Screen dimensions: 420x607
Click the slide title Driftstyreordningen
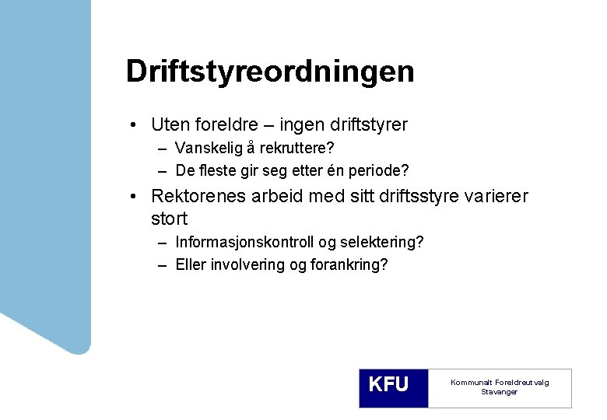pyautogui.click(x=270, y=72)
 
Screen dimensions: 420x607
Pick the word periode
pyautogui.click(x=377, y=170)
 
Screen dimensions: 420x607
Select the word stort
pyautogui.click(x=170, y=219)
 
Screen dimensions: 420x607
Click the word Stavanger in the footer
pyautogui.click(x=499, y=392)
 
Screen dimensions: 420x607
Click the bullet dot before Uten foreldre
pyautogui.click(x=135, y=125)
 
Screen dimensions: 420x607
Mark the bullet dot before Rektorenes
pyautogui.click(x=135, y=197)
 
